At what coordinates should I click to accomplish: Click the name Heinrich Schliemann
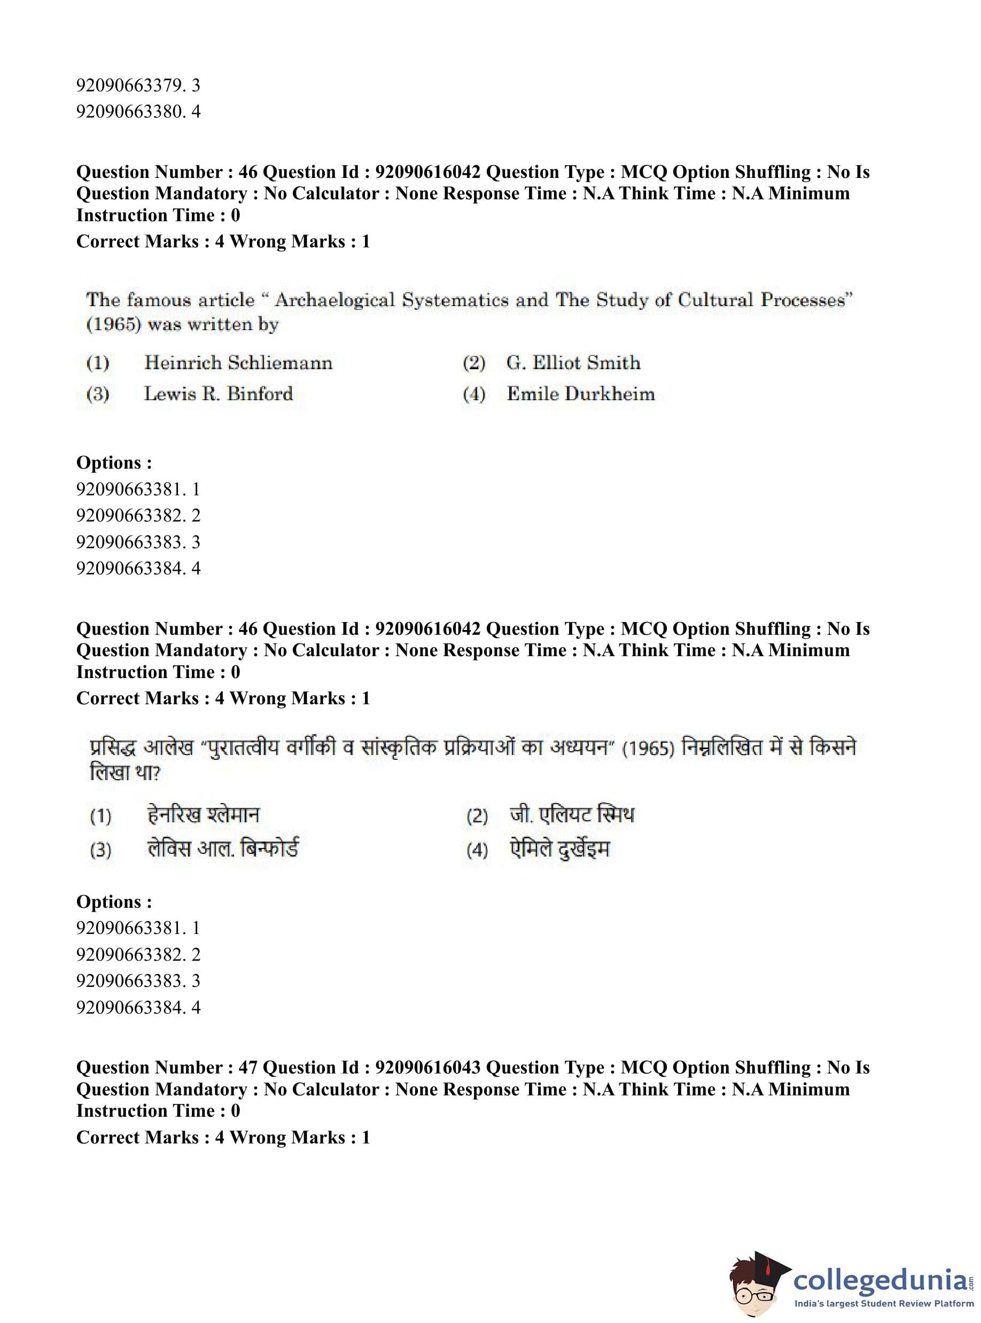click(238, 363)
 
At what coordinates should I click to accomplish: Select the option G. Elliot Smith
click(573, 363)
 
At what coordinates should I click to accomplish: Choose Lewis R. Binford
click(218, 394)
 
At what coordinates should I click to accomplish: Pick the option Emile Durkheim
click(580, 394)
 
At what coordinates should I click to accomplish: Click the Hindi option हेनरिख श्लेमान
click(203, 815)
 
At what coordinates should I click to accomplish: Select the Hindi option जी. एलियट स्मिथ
click(571, 815)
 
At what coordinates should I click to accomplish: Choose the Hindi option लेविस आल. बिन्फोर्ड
click(223, 849)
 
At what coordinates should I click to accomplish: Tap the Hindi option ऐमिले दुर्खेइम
click(559, 849)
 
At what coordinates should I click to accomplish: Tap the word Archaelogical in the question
click(334, 300)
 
